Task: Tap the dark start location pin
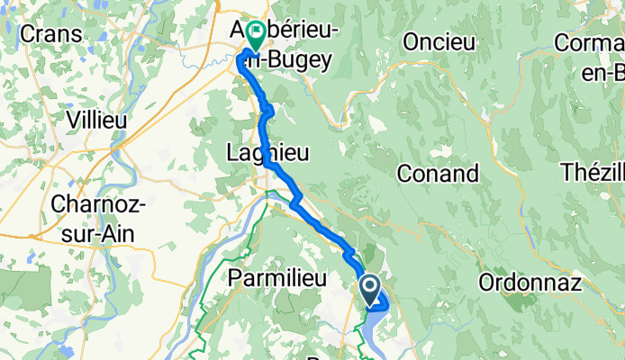(x=370, y=290)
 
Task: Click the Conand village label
(x=437, y=172)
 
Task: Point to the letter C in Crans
(x=28, y=34)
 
